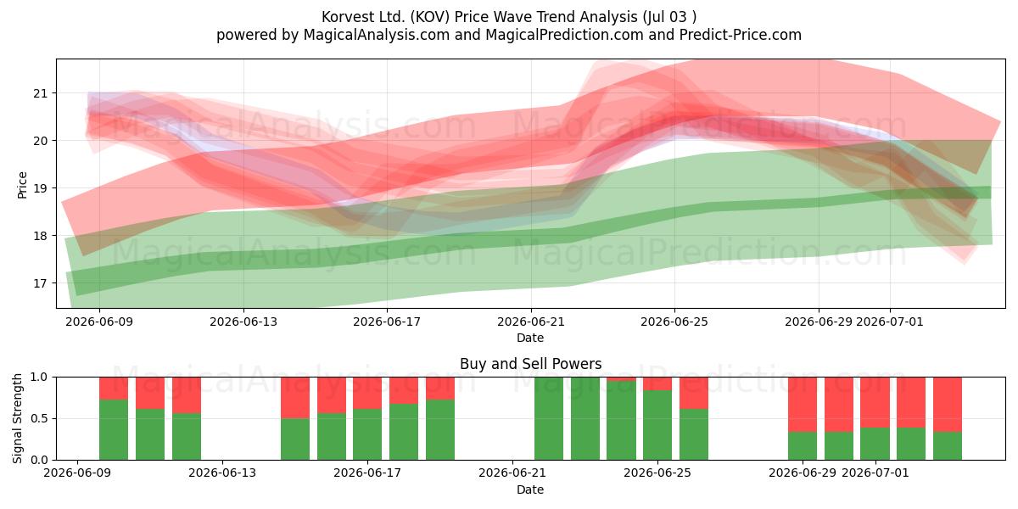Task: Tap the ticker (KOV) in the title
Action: pyautogui.click(x=429, y=17)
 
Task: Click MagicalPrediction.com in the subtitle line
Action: pyautogui.click(x=564, y=35)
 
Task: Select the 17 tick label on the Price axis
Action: pyautogui.click(x=40, y=283)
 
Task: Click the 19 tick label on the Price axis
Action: pyautogui.click(x=40, y=188)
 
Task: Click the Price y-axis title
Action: pyautogui.click(x=22, y=185)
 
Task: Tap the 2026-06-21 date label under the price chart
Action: pyautogui.click(x=531, y=322)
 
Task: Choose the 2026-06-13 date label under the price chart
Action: pyautogui.click(x=243, y=322)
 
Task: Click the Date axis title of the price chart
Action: pyautogui.click(x=530, y=338)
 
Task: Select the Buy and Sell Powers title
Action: pyautogui.click(x=530, y=364)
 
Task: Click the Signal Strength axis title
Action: pyautogui.click(x=17, y=418)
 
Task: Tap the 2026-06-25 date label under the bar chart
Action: pyautogui.click(x=657, y=473)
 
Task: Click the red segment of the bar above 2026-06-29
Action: pyautogui.click(x=803, y=405)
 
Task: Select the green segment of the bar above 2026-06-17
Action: pyautogui.click(x=367, y=434)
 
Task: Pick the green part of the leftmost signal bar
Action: pyautogui.click(x=114, y=429)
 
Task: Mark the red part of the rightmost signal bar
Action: pyautogui.click(x=948, y=405)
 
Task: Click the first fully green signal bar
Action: pyautogui.click(x=549, y=418)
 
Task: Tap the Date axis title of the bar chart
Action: pyautogui.click(x=530, y=489)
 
